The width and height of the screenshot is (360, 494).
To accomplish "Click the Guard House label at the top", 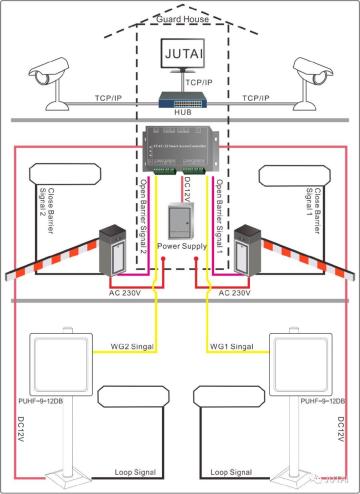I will (x=180, y=19).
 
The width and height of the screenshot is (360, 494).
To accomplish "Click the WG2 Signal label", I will (x=130, y=346).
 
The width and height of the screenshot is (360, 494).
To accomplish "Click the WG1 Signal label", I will (x=230, y=346).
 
